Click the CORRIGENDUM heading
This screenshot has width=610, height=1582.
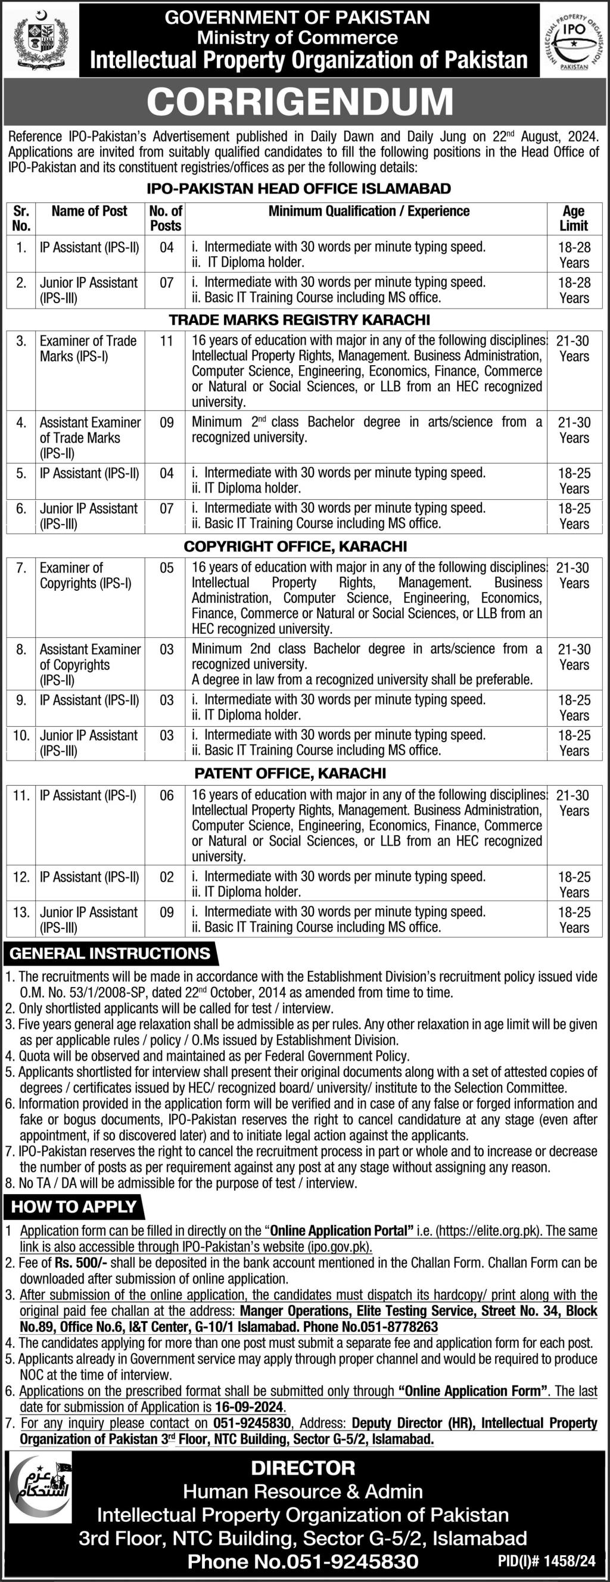(300, 102)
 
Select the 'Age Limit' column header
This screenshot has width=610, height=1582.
(574, 218)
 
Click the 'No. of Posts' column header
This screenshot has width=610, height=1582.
(166, 218)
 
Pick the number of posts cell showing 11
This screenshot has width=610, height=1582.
(166, 341)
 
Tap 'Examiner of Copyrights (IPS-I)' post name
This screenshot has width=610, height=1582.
(86, 575)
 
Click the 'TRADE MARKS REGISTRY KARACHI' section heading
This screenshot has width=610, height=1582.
(299, 320)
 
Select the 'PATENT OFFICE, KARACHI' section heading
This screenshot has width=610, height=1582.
(291, 773)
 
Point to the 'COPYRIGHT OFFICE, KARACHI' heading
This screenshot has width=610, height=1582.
(295, 546)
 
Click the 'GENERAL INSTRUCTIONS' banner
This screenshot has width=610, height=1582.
(111, 954)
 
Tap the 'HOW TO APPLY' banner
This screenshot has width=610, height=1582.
(74, 1207)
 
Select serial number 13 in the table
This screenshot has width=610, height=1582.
(21, 913)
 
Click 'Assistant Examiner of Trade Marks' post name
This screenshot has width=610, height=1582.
(90, 438)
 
